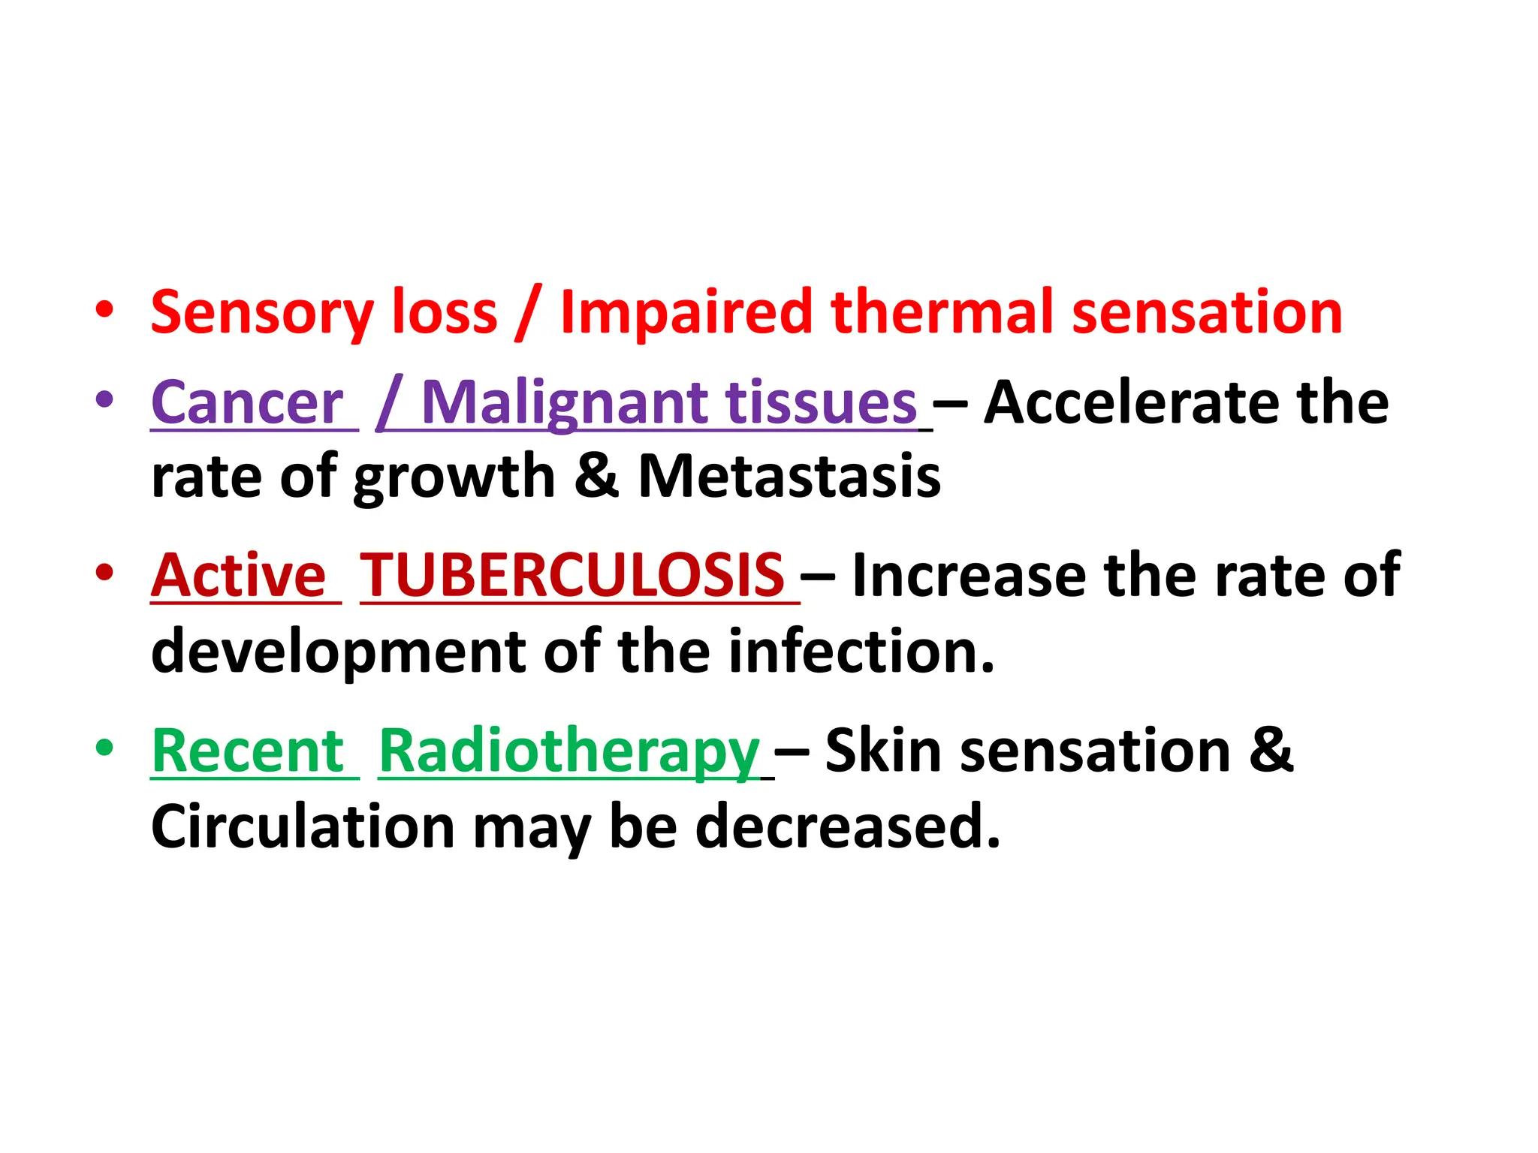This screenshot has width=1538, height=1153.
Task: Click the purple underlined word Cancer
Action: pyautogui.click(x=248, y=404)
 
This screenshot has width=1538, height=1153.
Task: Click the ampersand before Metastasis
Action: pyautogui.click(x=597, y=476)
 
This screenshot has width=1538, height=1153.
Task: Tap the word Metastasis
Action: pyautogui.click(x=789, y=476)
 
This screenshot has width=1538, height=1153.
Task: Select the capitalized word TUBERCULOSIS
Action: pyautogui.click(x=572, y=576)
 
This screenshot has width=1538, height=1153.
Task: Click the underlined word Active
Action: pyautogui.click(x=239, y=576)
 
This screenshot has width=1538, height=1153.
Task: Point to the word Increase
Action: pyautogui.click(x=970, y=576)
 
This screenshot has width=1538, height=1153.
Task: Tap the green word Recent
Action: pyautogui.click(x=249, y=751)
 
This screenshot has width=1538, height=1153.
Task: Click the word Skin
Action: pyautogui.click(x=883, y=751)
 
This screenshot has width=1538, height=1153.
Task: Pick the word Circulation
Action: pyautogui.click(x=303, y=826)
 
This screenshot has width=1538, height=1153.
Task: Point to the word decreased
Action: pyautogui.click(x=848, y=826)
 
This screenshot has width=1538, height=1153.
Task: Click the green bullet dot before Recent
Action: pyautogui.click(x=105, y=748)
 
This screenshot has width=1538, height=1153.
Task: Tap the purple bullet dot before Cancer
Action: pyautogui.click(x=105, y=399)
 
